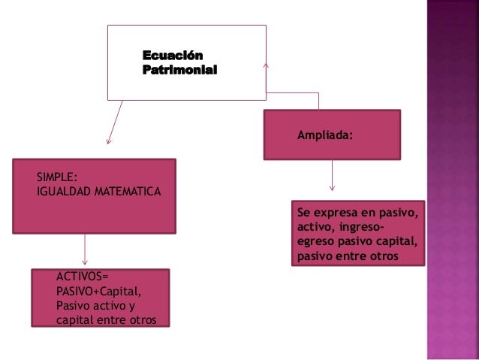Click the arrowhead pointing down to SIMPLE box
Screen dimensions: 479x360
pos(110,141)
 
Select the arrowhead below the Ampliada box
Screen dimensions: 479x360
pos(333,188)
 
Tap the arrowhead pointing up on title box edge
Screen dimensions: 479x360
pos(267,65)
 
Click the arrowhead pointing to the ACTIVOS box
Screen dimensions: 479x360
pos(85,265)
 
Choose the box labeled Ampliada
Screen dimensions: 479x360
pos(331,136)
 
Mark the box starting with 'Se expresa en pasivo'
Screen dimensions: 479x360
pos(357,234)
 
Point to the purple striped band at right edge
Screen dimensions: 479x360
pos(453,180)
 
